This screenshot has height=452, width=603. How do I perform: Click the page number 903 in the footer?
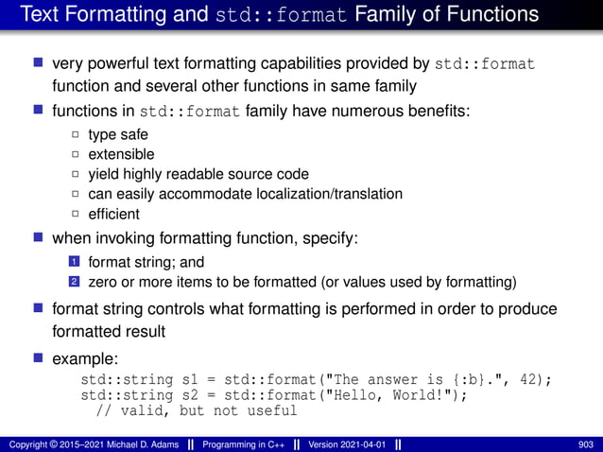click(x=585, y=443)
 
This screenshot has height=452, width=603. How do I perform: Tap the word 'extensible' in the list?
click(x=121, y=154)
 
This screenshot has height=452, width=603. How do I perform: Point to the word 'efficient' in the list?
click(x=114, y=214)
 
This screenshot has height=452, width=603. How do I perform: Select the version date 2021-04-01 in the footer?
click(x=362, y=443)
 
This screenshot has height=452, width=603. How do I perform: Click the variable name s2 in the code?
click(x=192, y=395)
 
